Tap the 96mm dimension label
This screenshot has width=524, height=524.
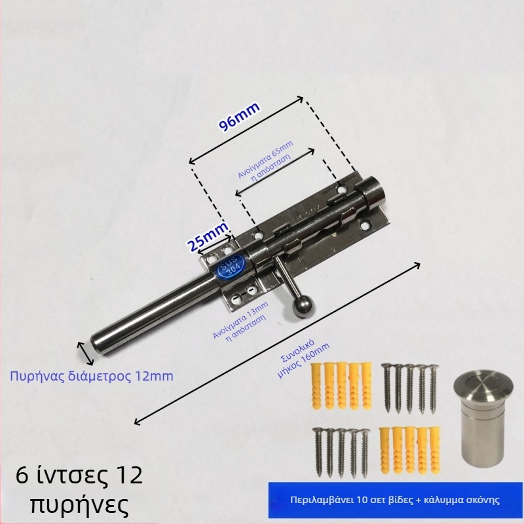point(239,115)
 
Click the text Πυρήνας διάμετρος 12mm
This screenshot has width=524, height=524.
point(92,376)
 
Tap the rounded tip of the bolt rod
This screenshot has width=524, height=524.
point(97,347)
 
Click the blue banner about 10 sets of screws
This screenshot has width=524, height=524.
point(396,500)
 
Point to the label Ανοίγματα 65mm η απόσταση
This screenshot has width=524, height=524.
point(265,160)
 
